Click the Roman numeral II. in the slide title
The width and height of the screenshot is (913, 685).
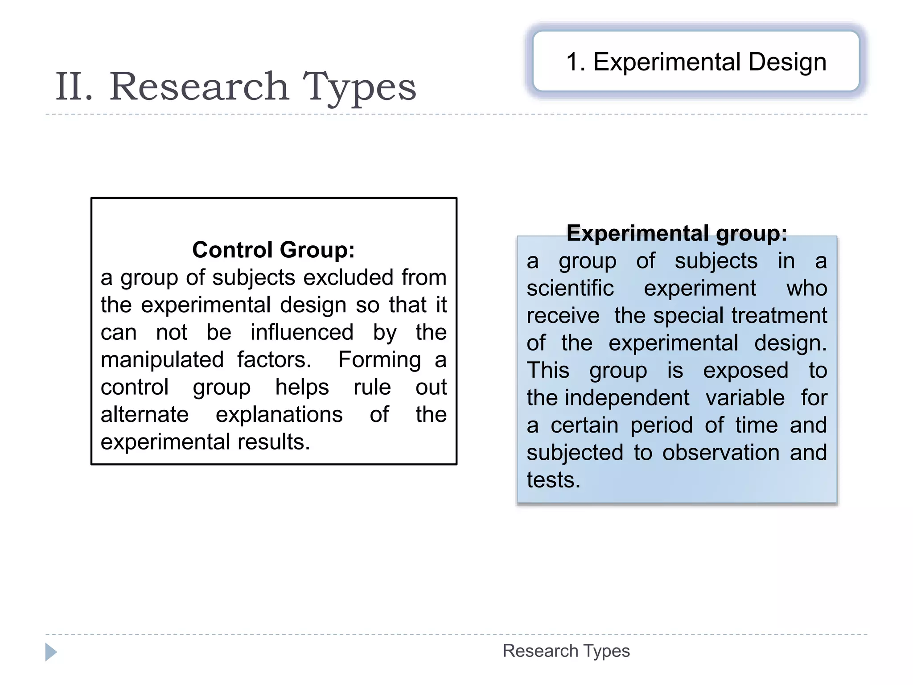tap(74, 87)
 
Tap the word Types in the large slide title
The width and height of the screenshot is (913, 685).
tap(359, 87)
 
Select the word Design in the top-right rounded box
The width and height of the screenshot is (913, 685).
tap(787, 62)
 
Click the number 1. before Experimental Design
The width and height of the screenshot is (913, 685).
tap(576, 62)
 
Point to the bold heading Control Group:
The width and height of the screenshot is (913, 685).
tap(273, 250)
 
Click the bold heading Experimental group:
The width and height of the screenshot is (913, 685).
tap(677, 233)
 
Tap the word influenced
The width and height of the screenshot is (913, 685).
tap(302, 332)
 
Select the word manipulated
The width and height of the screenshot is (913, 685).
tap(162, 359)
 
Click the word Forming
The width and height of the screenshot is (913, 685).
tap(379, 359)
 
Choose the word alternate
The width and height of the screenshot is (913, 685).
tap(144, 414)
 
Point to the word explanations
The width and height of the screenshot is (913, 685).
tap(279, 414)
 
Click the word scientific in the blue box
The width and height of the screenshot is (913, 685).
tap(570, 288)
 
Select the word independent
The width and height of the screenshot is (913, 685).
tap(627, 398)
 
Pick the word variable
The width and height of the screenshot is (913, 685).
tap(745, 398)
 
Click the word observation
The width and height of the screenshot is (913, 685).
tap(721, 453)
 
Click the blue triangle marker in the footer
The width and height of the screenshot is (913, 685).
tap(51, 652)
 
